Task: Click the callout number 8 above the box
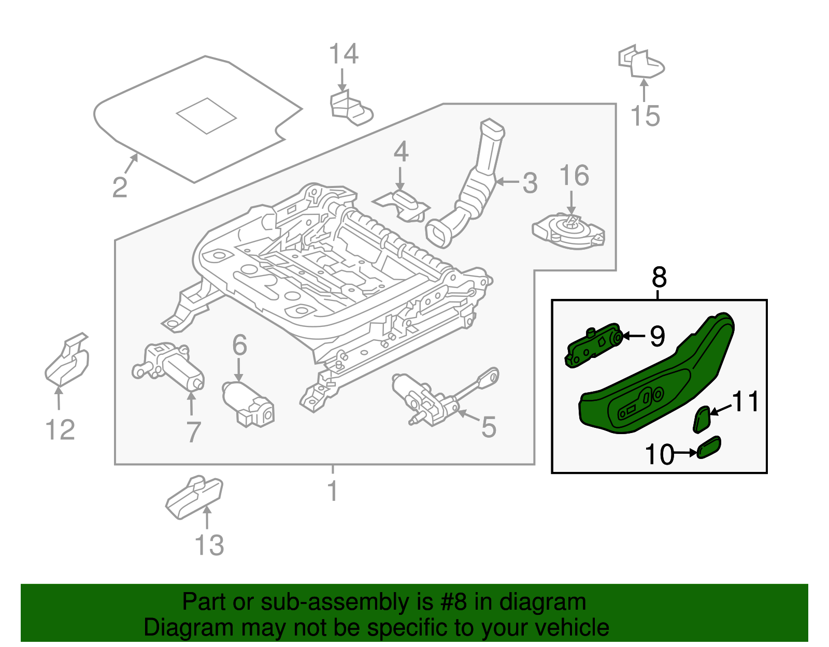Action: (x=659, y=278)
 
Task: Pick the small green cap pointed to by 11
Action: (x=702, y=419)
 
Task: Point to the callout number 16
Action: (x=574, y=176)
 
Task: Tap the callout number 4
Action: (x=401, y=152)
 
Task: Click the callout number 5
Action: (x=489, y=427)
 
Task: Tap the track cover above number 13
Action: (x=194, y=497)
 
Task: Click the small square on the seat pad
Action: (x=206, y=116)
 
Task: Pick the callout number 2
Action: (x=120, y=187)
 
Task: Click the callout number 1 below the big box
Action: (x=333, y=491)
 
